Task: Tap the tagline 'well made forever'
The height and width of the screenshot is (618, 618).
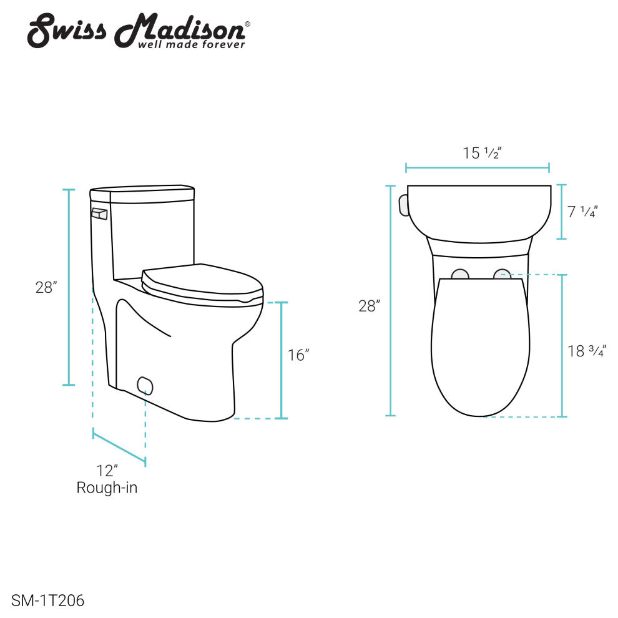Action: pyautogui.click(x=192, y=44)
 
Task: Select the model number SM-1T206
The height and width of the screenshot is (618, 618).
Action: pyautogui.click(x=47, y=601)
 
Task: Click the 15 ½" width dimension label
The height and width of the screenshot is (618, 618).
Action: pyautogui.click(x=482, y=153)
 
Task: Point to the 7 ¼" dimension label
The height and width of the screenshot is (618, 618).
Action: pyautogui.click(x=582, y=212)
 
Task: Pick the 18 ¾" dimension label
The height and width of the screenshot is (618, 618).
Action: pyautogui.click(x=587, y=351)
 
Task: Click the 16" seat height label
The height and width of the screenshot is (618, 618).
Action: pyautogui.click(x=298, y=355)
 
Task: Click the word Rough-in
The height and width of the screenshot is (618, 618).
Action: pyautogui.click(x=107, y=488)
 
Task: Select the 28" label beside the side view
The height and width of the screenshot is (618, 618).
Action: pyautogui.click(x=46, y=287)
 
